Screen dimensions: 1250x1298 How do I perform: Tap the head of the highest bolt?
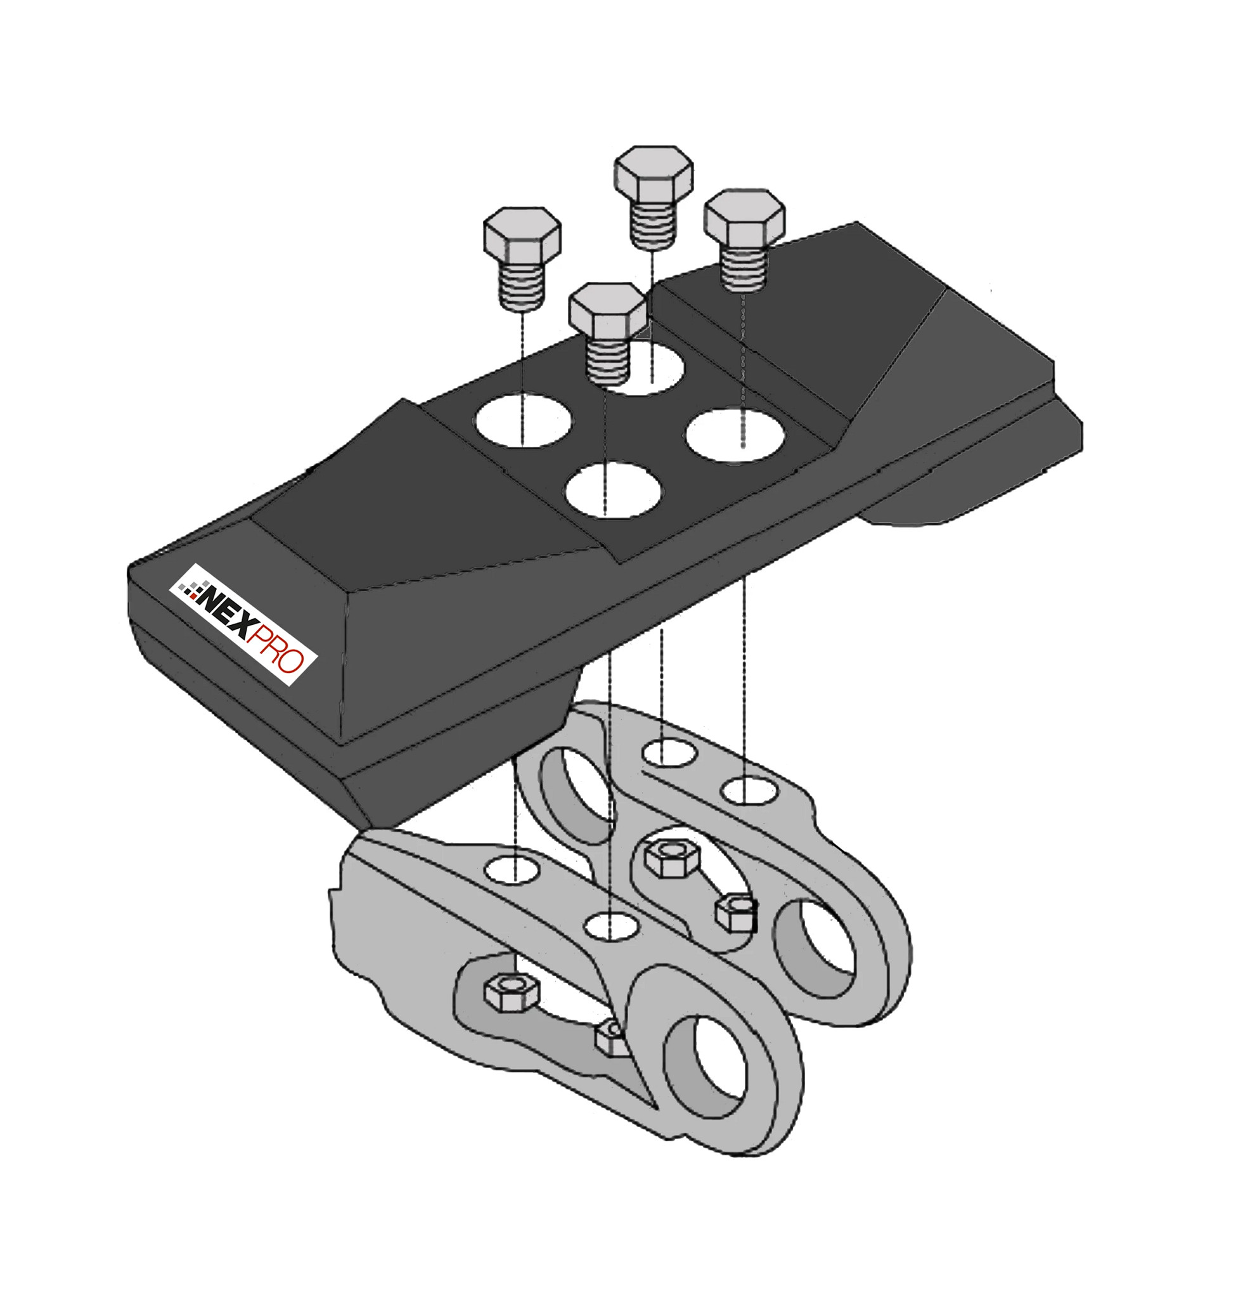pyautogui.click(x=654, y=174)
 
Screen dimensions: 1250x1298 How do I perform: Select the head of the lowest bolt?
pyautogui.click(x=607, y=311)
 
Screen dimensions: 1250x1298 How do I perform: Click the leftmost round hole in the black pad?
pyautogui.click(x=524, y=421)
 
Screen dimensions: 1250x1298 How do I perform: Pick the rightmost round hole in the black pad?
pyautogui.click(x=735, y=434)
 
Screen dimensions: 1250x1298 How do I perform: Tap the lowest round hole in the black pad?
pyautogui.click(x=613, y=490)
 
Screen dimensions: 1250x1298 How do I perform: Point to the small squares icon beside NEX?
pyautogui.click(x=191, y=589)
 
